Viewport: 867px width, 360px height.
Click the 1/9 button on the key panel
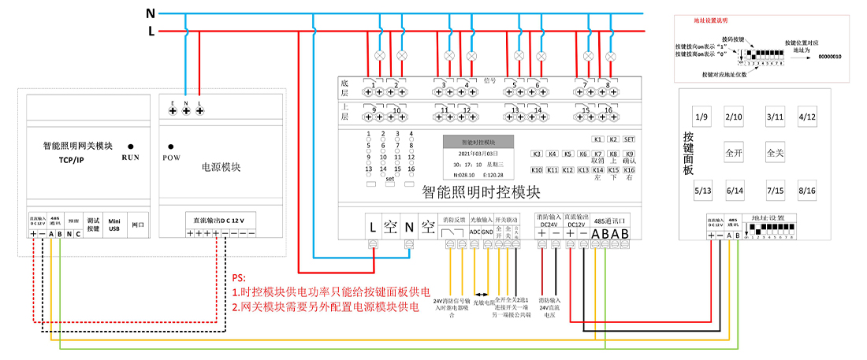tap(701, 117)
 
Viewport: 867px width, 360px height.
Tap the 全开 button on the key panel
tap(735, 151)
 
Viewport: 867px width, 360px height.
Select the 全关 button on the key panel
tap(775, 151)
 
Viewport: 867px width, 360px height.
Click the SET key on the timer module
tap(629, 139)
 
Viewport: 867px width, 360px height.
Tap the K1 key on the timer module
tap(597, 139)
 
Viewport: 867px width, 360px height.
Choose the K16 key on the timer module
tap(629, 169)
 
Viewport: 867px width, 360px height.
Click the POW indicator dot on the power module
tap(171, 146)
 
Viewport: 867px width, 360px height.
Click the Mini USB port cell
tap(115, 223)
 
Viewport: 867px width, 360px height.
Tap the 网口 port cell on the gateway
tap(137, 224)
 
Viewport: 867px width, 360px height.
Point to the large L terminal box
tap(372, 226)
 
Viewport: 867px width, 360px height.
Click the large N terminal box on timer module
tap(408, 226)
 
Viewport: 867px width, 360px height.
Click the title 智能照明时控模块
tap(481, 191)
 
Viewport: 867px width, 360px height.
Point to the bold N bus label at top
tap(151, 13)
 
